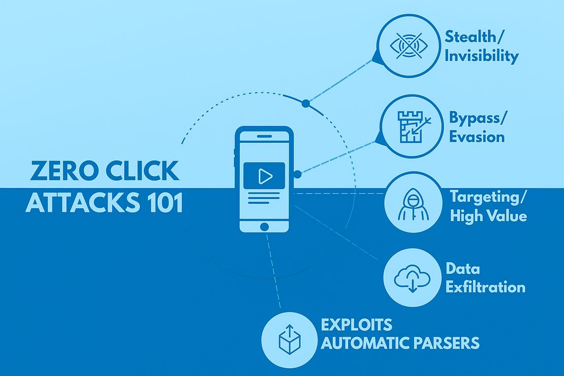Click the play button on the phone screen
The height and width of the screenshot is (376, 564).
[264, 176]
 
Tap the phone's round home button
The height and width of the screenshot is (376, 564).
[264, 227]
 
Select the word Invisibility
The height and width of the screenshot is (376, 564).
[481, 56]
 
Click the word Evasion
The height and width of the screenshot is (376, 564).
[477, 137]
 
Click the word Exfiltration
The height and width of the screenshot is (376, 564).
[485, 287]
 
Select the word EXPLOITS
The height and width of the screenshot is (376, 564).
[356, 324]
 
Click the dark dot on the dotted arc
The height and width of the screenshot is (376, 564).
[305, 104]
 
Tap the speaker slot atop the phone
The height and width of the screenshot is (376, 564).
[264, 136]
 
